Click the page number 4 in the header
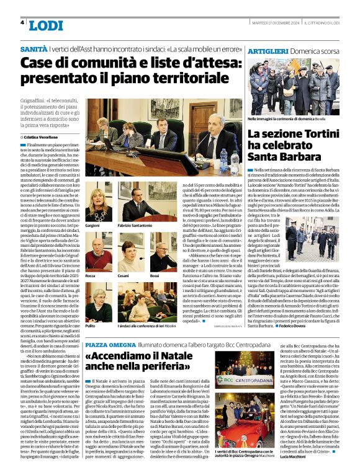22,23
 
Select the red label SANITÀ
34,48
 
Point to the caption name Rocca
91,275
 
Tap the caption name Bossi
155,275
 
